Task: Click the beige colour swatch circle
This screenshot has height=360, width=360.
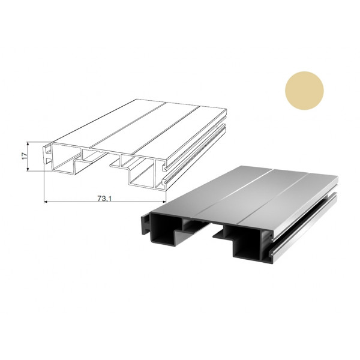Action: point(304,91)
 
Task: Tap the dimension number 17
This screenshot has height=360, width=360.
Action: point(25,156)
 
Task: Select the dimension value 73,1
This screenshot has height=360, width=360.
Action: point(104,199)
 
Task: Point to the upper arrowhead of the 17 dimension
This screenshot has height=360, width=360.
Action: point(28,143)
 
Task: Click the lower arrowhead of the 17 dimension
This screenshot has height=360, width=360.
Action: point(28,169)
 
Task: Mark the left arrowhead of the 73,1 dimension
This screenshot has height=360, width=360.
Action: point(46,202)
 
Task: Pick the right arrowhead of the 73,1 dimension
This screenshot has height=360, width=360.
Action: point(164,202)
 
